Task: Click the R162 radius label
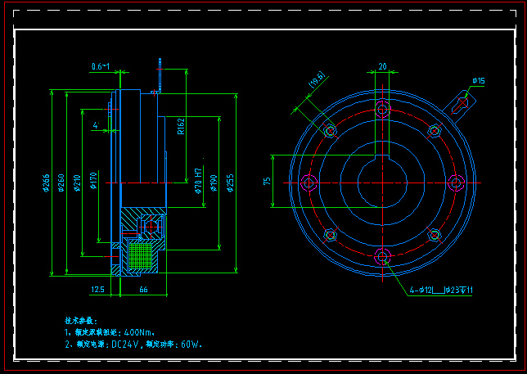[x=181, y=127]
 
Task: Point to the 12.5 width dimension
[x=97, y=289]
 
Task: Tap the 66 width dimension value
[x=143, y=289]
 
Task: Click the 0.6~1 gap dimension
[x=101, y=65]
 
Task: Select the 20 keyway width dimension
[x=381, y=66]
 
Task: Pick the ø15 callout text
[x=478, y=80]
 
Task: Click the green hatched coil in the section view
[x=141, y=255]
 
